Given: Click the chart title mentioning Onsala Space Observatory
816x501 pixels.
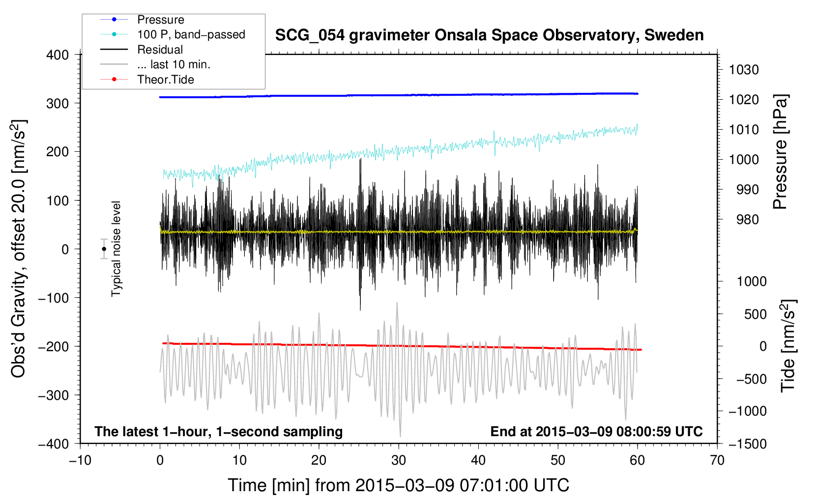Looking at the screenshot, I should coord(489,35).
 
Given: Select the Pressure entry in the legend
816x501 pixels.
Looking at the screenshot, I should coord(160,20).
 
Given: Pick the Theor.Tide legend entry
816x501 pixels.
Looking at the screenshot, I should coord(165,80).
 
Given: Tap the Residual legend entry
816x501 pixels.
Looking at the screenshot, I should coord(160,50).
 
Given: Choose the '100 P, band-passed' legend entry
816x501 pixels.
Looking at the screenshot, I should coord(191,34).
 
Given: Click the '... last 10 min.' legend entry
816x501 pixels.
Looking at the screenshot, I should coord(174,64).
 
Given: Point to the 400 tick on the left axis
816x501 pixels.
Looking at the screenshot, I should coord(58,55).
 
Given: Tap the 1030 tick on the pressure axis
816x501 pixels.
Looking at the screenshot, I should coord(744,70).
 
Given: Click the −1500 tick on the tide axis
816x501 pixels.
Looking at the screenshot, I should coord(747,444).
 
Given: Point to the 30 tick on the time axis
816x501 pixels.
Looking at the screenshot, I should coord(399,460).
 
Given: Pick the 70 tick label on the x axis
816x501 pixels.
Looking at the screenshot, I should coord(717,460).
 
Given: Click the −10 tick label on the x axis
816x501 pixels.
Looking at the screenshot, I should coord(80,460).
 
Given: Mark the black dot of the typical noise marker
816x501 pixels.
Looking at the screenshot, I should coord(104,249).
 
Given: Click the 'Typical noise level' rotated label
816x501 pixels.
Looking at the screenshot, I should coord(116,249).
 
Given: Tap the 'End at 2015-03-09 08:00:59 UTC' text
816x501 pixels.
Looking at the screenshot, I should coord(596,431).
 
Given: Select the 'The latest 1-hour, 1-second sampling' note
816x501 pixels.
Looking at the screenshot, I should coord(218,431).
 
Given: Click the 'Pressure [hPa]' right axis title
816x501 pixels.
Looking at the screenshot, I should coord(780,152).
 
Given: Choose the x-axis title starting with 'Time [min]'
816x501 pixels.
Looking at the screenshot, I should coord(398,485).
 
